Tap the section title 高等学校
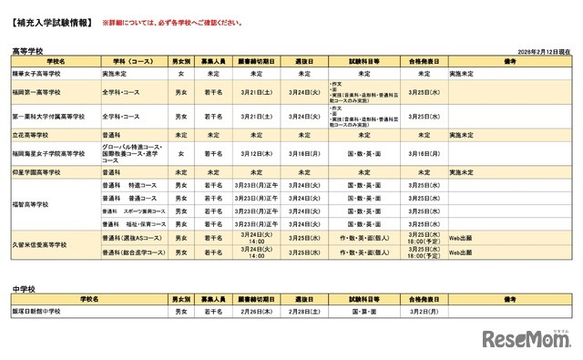click(26, 52)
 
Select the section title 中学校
click(22, 288)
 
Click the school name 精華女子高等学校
click(36, 73)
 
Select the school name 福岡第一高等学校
click(36, 92)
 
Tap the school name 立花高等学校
click(31, 135)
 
